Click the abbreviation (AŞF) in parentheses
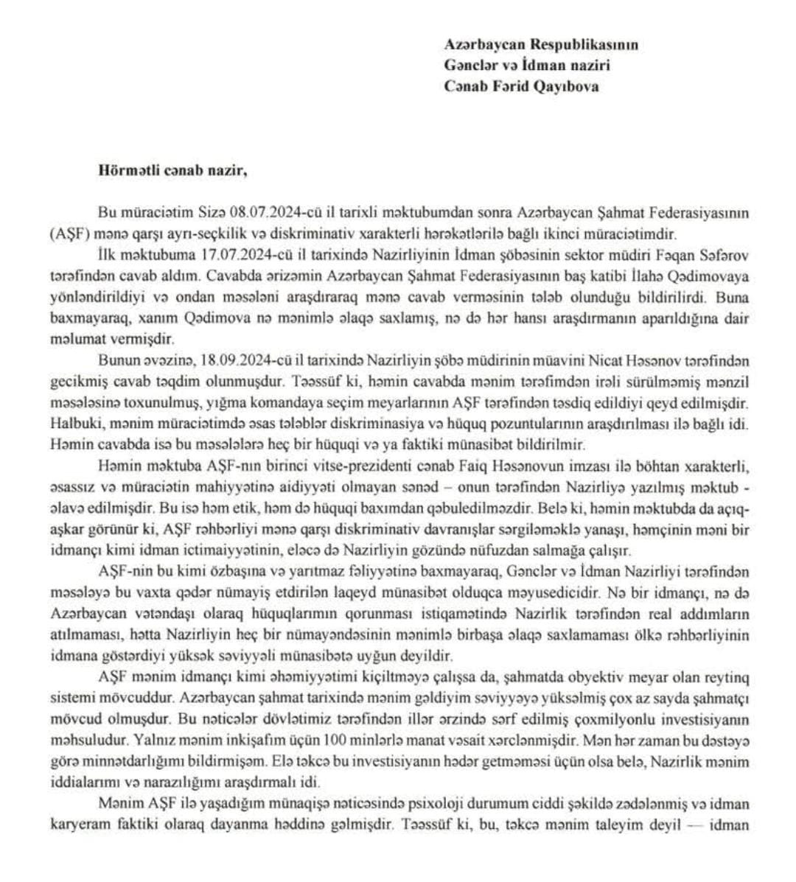(x=66, y=232)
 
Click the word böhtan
(x=670, y=467)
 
